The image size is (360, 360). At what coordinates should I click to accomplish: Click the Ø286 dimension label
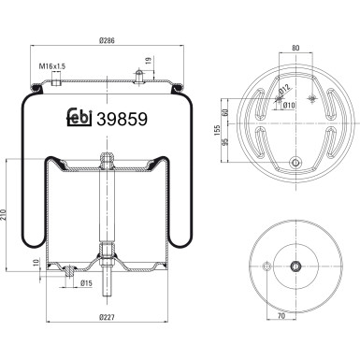point(107,40)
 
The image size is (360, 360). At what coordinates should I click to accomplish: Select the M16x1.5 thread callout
point(52,66)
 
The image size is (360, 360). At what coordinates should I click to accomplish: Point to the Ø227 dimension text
point(107,317)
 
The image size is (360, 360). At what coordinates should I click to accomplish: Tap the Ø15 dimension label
point(86,283)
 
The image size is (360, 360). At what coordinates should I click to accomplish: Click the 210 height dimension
point(3,214)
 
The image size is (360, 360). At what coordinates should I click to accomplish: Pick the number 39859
point(122,119)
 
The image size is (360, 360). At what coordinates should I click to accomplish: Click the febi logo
point(79,117)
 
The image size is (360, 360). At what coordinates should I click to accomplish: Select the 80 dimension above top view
point(295,48)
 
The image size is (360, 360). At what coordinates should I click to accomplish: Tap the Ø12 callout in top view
point(284,90)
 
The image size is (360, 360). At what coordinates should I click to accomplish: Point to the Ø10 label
point(289,106)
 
